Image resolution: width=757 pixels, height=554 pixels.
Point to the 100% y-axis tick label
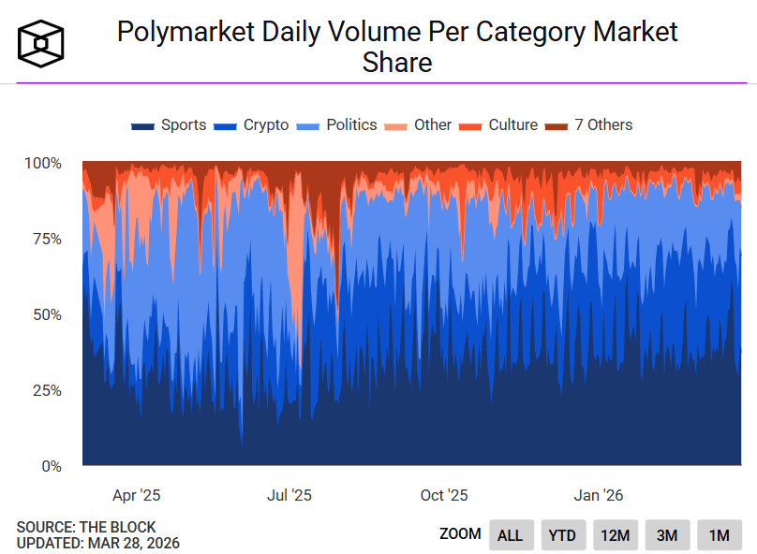[x=42, y=164]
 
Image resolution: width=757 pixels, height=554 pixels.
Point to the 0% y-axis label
[x=50, y=466]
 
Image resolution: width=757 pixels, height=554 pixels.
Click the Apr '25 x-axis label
[x=137, y=495]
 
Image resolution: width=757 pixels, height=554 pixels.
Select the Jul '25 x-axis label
[x=289, y=495]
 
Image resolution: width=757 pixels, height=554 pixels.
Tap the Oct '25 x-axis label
[x=444, y=495]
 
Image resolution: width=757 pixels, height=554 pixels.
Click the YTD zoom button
[x=562, y=535]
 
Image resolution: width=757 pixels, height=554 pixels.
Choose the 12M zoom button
[x=615, y=535]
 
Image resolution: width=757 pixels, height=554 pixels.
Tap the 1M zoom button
[x=719, y=535]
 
